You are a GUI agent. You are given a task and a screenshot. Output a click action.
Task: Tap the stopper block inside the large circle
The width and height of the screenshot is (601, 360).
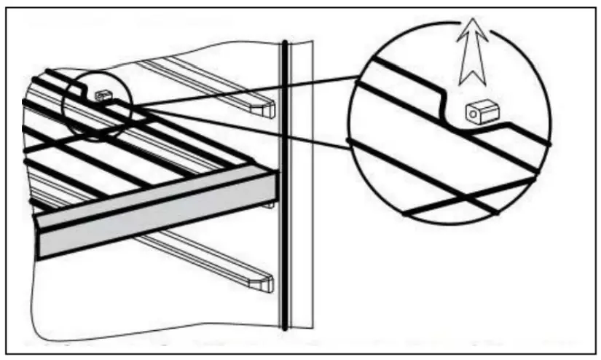(482, 111)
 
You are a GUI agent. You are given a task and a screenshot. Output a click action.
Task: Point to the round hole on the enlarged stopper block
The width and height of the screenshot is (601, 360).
(474, 114)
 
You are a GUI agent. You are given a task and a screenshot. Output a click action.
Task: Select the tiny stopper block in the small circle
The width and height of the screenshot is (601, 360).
(101, 95)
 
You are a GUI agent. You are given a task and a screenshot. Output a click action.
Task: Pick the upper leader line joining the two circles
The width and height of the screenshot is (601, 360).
(240, 91)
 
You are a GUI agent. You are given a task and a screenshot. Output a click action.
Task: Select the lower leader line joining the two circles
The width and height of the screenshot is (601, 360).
(240, 131)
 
